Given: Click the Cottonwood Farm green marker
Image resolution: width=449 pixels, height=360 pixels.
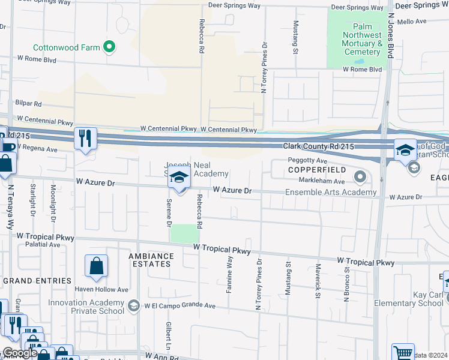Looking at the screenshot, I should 109,46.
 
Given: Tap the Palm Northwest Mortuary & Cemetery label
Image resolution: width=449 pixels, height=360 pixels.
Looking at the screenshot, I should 363,40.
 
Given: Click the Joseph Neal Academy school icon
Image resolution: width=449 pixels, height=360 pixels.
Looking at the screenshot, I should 178,178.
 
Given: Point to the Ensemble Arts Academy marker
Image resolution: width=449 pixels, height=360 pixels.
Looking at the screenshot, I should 360,176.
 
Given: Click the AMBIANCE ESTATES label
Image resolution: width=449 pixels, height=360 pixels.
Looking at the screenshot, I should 151,260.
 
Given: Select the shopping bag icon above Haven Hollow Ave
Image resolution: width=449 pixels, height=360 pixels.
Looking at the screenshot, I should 96,266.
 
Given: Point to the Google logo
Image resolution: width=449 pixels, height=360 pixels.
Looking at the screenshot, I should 20,353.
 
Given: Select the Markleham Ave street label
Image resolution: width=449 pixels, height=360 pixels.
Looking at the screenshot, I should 323,181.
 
